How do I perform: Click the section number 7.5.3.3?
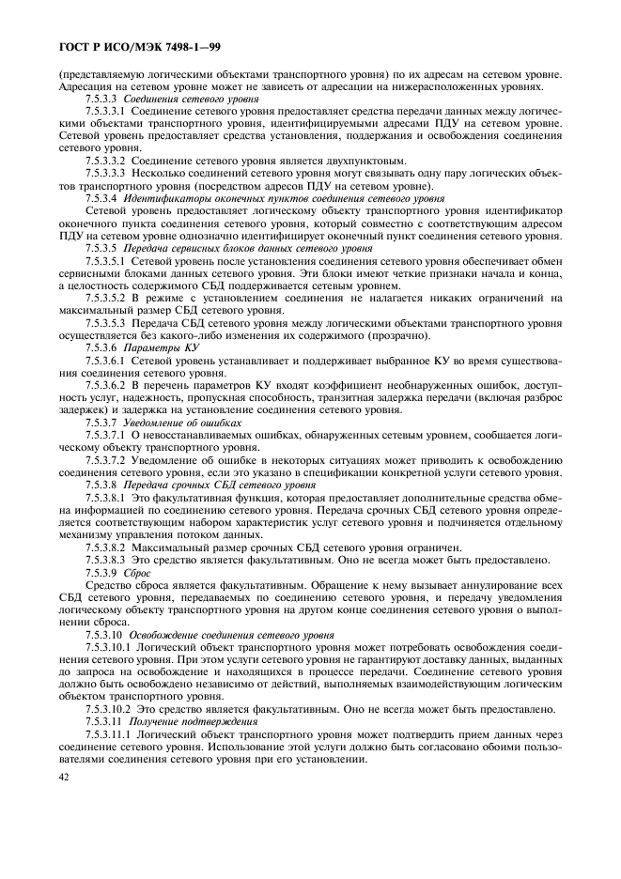tap(101, 99)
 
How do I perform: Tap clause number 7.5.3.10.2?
tap(111, 706)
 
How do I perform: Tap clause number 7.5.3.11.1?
tap(111, 731)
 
